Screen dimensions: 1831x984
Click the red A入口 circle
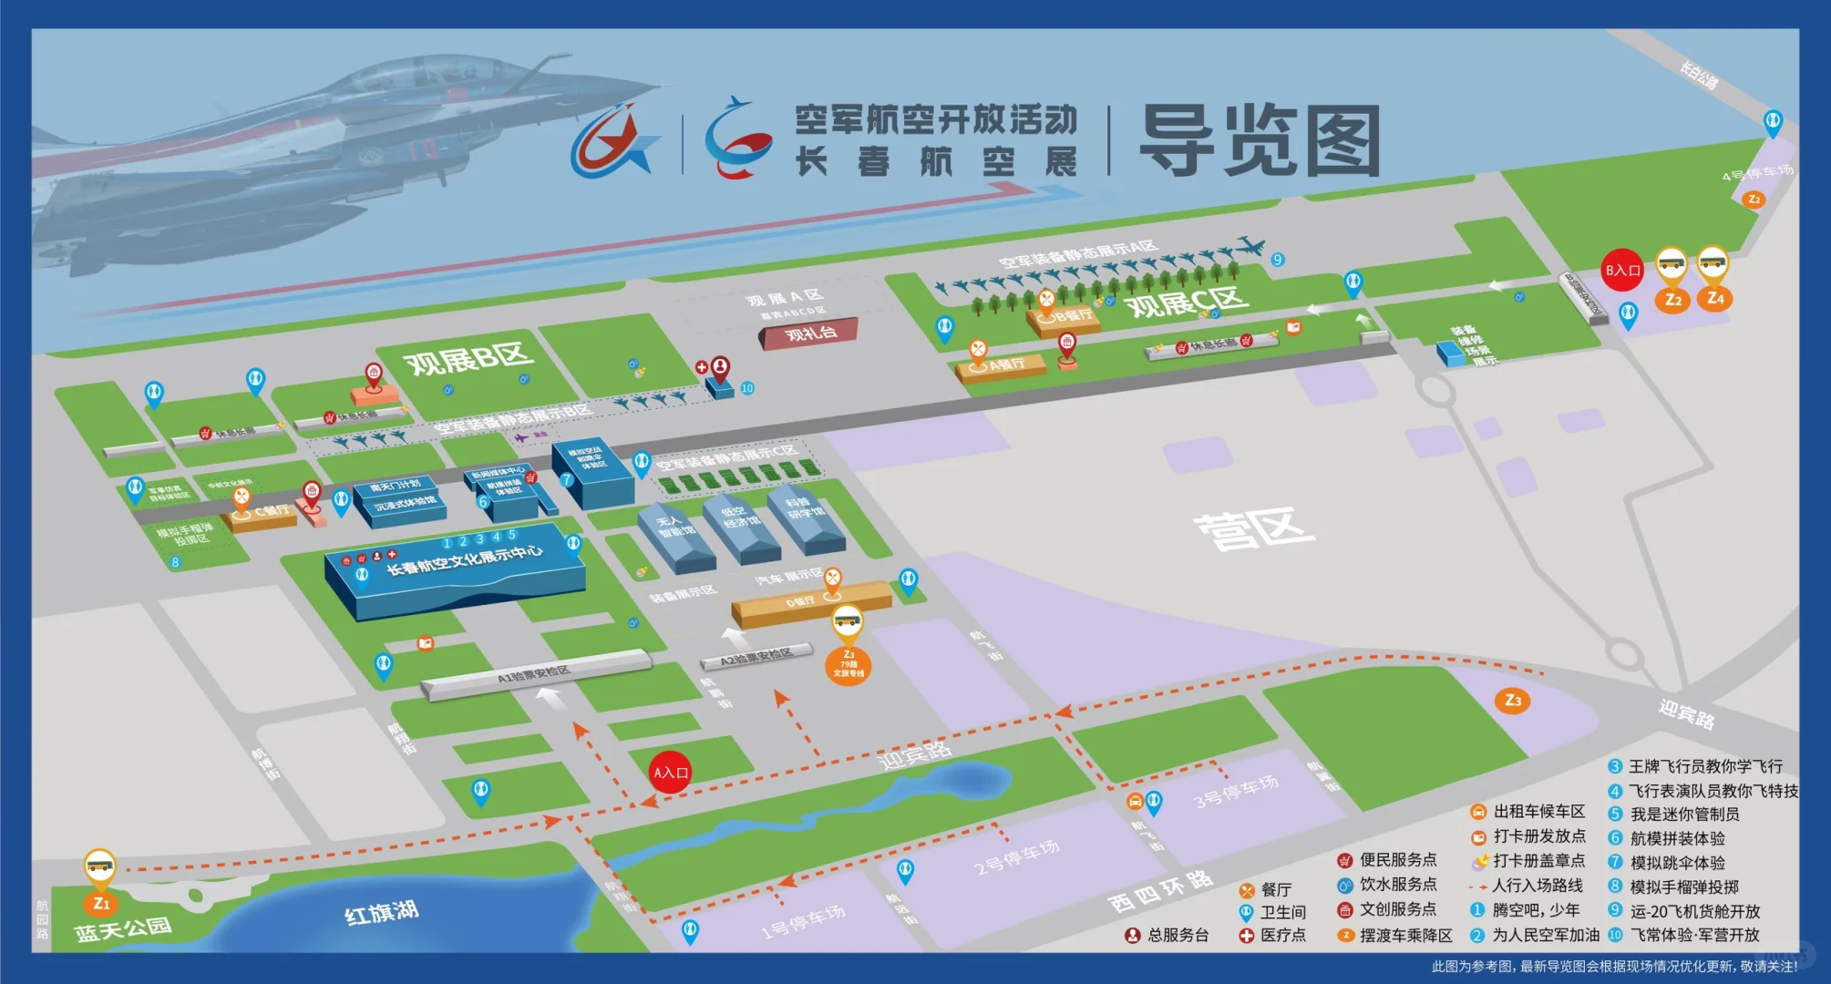pyautogui.click(x=671, y=773)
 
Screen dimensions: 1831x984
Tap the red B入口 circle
pyautogui.click(x=1622, y=270)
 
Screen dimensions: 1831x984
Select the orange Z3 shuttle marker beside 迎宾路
pyautogui.click(x=1512, y=701)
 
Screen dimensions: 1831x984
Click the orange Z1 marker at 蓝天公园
pyautogui.click(x=101, y=903)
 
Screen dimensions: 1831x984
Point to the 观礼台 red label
pyautogui.click(x=810, y=333)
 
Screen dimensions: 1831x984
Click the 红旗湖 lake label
pyautogui.click(x=381, y=912)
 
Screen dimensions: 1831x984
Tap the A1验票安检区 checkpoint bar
pyautogui.click(x=535, y=675)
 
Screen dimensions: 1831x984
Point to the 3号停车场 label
pyautogui.click(x=1236, y=792)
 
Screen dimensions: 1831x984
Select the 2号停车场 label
pyautogui.click(x=1017, y=856)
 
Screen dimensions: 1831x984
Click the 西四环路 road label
pyautogui.click(x=1160, y=891)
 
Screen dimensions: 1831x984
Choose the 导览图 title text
pyautogui.click(x=1260, y=141)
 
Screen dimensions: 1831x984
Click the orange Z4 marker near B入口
pyautogui.click(x=1714, y=298)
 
